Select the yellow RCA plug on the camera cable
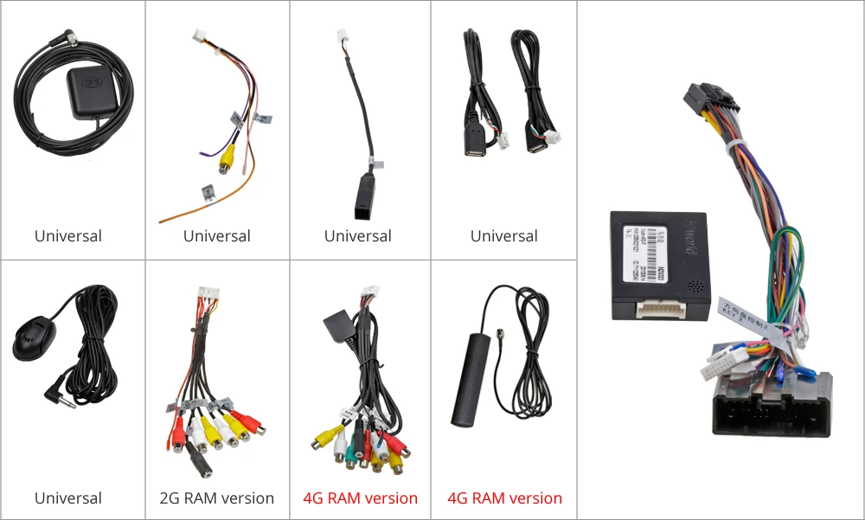pos(227,159)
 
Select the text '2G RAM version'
pos(217,498)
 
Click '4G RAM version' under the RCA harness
pos(360,498)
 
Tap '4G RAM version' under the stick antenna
pos(504,498)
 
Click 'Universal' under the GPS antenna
pos(68,236)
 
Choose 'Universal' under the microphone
pos(68,498)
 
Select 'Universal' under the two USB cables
pos(504,236)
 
